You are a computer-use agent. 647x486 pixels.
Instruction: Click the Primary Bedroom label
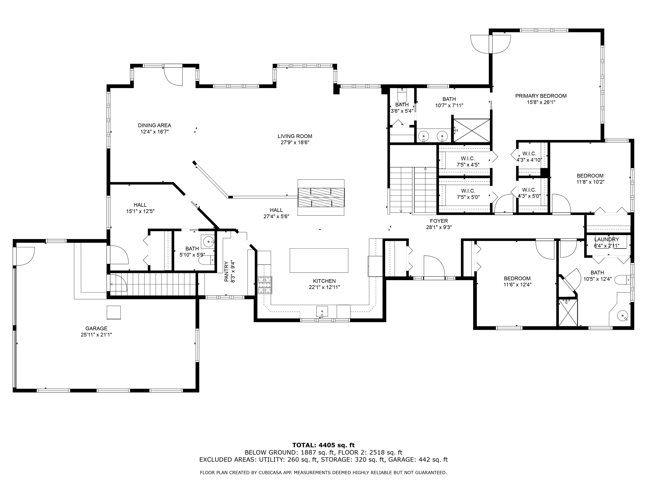(541, 96)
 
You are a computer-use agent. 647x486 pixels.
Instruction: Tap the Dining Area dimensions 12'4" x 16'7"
(154, 132)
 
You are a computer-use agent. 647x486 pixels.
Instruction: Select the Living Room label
(295, 136)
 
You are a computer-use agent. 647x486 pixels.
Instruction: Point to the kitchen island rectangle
(319, 260)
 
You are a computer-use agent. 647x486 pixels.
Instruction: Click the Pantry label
(226, 271)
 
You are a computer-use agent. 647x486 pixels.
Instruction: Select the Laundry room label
(606, 239)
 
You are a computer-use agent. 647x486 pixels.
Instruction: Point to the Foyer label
(439, 221)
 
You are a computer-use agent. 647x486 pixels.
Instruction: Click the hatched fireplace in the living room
(321, 197)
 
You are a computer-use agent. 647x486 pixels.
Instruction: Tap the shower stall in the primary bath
(471, 131)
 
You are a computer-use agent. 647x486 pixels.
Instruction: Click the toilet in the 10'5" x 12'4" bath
(622, 280)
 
